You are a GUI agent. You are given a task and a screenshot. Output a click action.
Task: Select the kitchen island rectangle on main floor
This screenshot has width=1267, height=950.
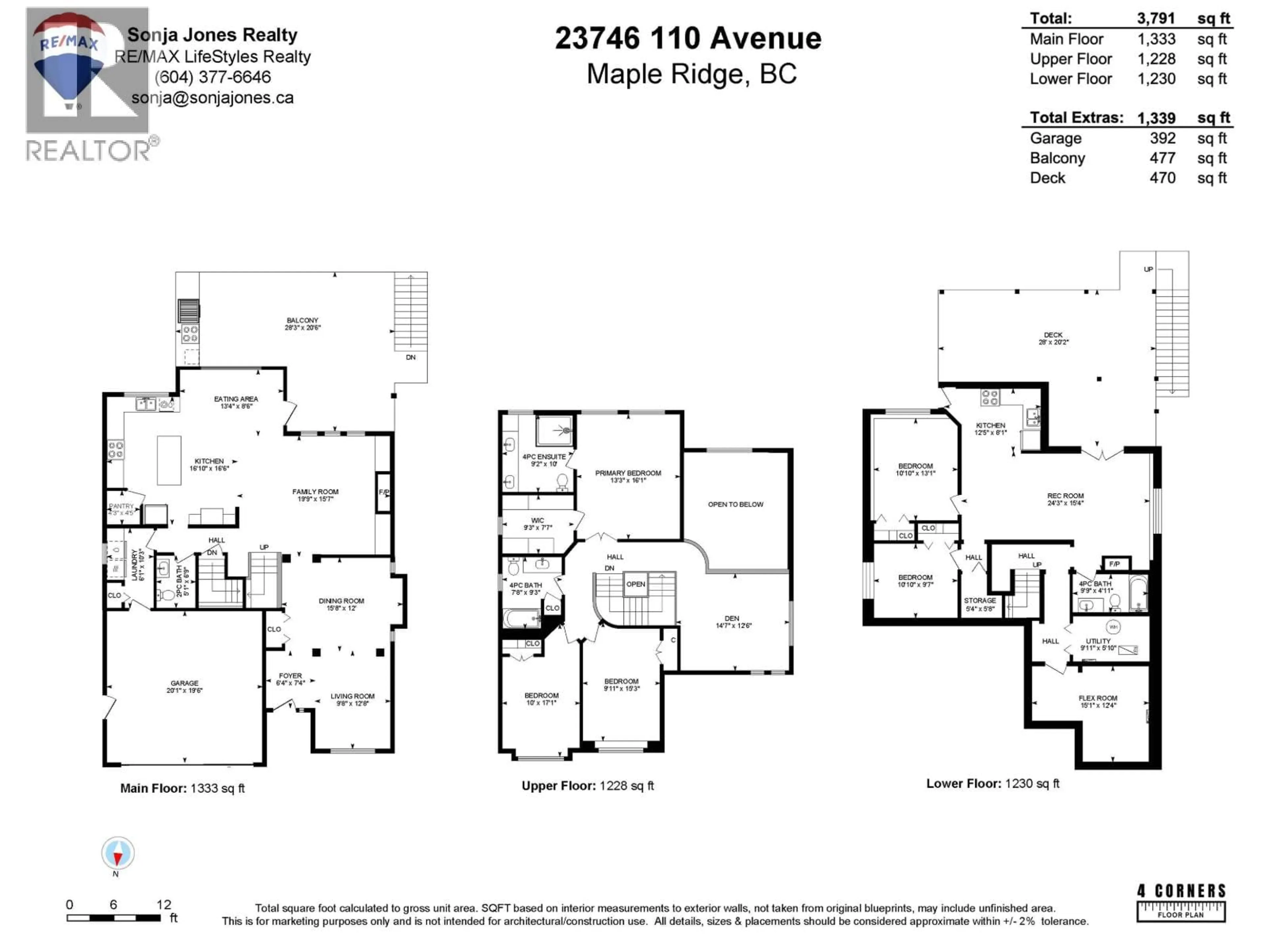pos(169,460)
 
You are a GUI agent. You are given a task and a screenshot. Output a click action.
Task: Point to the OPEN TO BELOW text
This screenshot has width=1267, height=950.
pos(735,504)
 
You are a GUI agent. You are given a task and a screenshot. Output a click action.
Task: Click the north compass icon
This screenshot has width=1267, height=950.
pos(118,853)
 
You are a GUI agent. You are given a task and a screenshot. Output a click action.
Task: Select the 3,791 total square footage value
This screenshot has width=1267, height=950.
pos(1156,18)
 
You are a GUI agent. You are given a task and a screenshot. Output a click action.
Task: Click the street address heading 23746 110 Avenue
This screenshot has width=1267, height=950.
pos(688,38)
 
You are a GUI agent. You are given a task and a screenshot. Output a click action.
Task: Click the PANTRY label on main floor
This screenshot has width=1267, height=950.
pos(121,506)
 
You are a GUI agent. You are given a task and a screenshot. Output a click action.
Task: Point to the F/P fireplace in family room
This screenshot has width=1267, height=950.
pos(383,492)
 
